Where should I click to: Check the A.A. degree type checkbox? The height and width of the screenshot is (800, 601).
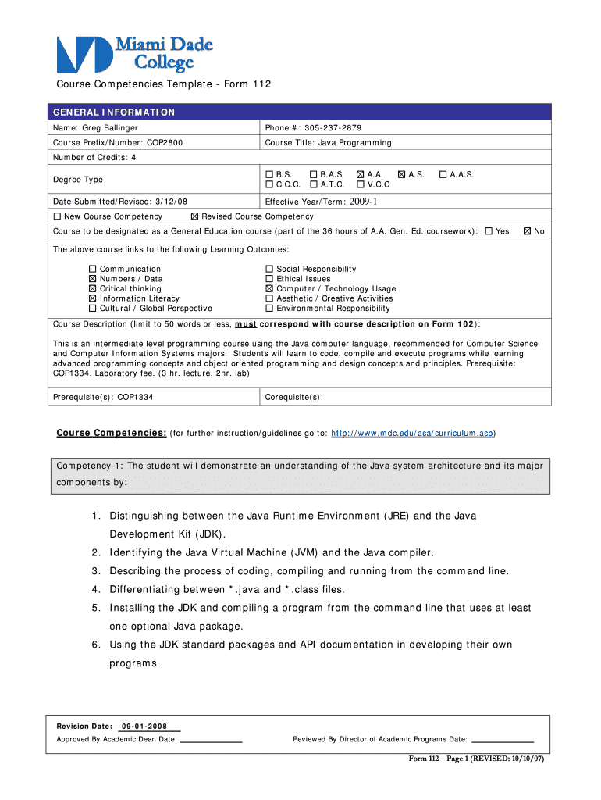coord(360,174)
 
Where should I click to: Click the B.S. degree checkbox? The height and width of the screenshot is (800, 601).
coord(269,174)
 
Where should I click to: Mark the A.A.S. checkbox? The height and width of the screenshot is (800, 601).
coord(443,174)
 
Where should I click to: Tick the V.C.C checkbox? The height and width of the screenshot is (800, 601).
coord(360,184)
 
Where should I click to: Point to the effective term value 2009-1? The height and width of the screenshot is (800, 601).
coord(363,201)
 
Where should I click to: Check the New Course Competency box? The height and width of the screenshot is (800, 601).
coord(57,216)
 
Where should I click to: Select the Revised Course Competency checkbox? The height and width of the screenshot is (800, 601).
coord(194,216)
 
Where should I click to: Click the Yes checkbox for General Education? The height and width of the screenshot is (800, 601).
coord(489,231)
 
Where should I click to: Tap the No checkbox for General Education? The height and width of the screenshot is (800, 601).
coord(527,231)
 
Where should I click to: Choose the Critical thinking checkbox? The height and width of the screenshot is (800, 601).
coord(93,288)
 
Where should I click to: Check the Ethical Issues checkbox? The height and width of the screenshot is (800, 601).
coord(269,279)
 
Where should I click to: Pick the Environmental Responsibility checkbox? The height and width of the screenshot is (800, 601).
coord(269,308)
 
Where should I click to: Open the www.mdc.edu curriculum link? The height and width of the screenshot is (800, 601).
coord(411,433)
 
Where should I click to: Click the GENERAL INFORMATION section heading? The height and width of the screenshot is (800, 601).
coord(114,112)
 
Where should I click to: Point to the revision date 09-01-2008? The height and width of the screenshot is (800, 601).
coord(144,726)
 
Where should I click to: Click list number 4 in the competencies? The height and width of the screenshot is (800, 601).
coord(94,589)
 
